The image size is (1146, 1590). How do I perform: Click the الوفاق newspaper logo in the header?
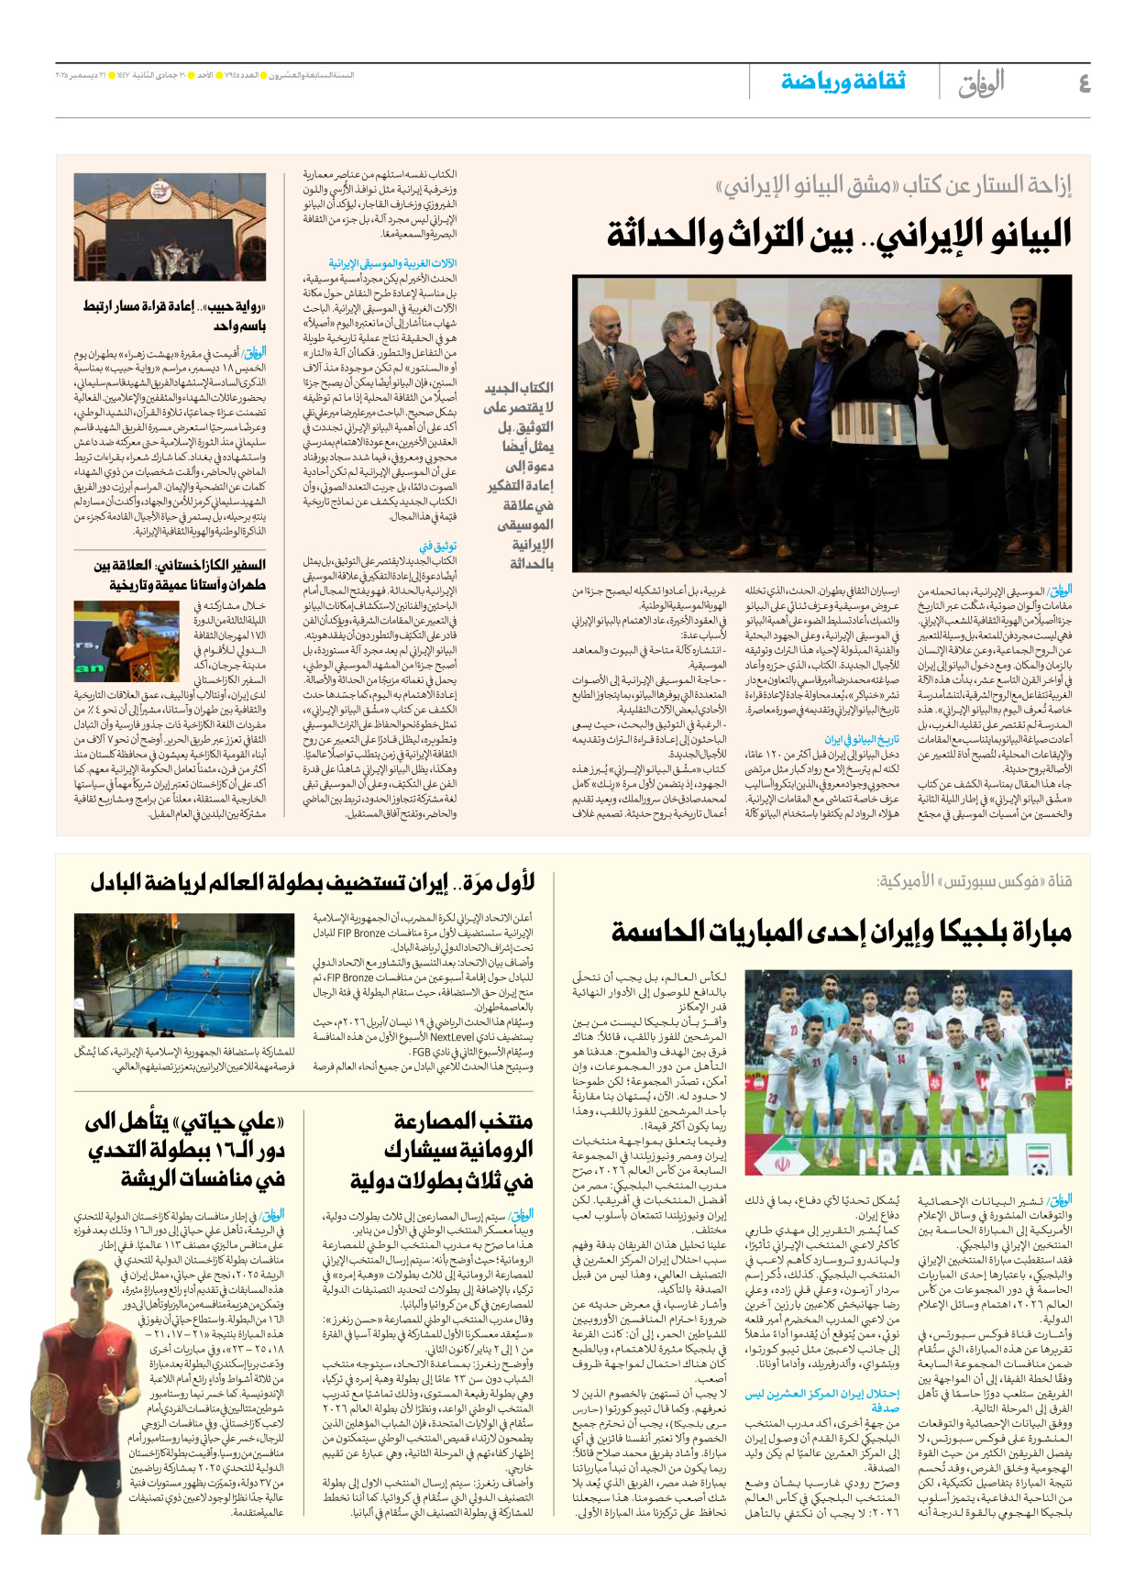pyautogui.click(x=981, y=83)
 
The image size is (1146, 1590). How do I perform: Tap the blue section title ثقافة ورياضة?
pyautogui.click(x=843, y=82)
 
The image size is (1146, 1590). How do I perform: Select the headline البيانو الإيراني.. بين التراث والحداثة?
pyautogui.click(x=838, y=235)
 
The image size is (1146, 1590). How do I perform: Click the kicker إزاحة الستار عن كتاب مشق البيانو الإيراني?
pyautogui.click(x=893, y=186)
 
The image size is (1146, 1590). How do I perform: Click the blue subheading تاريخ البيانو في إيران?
pyautogui.click(x=861, y=739)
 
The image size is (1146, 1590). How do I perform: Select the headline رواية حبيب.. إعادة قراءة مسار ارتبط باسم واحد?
pyautogui.click(x=174, y=315)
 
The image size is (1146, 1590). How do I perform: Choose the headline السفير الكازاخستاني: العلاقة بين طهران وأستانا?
pyautogui.click(x=180, y=575)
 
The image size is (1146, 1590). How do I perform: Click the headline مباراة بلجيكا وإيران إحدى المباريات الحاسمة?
pyautogui.click(x=841, y=932)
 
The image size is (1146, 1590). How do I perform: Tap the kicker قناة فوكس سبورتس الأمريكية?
pyautogui.click(x=974, y=881)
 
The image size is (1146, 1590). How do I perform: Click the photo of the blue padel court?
pyautogui.click(x=184, y=974)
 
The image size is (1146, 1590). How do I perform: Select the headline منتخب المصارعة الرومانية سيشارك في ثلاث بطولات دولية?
pyautogui.click(x=427, y=1151)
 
